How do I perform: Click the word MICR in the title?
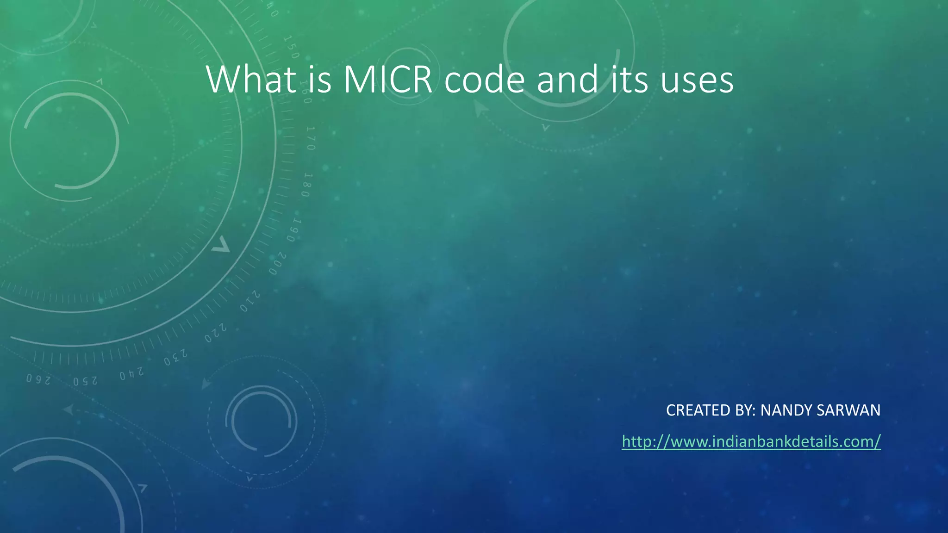tap(388, 80)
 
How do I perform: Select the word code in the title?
tap(484, 80)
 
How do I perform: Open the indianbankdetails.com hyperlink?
tap(751, 441)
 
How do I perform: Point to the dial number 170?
tap(310, 138)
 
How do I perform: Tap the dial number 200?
tap(277, 264)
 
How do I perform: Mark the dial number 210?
tap(250, 301)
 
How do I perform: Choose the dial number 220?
tap(216, 334)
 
